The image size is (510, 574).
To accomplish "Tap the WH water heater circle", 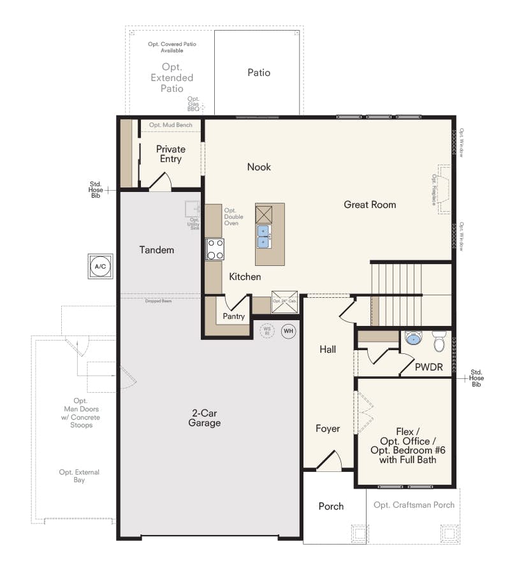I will tap(288, 331).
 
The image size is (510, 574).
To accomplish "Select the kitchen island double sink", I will tap(263, 236).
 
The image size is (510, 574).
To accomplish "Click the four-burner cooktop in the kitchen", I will tap(215, 249).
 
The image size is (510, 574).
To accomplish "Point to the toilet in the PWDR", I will tap(439, 342).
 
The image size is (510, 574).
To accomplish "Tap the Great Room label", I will tap(370, 205).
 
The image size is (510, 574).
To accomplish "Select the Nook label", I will tap(259, 167).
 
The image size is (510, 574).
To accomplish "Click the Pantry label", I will tap(233, 316).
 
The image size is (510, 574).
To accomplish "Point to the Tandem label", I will tap(156, 250).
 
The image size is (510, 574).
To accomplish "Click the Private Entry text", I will tap(170, 154).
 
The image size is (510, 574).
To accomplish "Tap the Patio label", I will tap(259, 73).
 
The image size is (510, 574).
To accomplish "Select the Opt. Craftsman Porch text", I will tap(414, 504).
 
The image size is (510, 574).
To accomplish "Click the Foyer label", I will tap(328, 429).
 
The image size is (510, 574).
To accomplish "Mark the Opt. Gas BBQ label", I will tap(193, 104).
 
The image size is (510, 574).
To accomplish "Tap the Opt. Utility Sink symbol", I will tap(193, 210).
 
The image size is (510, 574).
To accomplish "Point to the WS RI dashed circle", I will tap(267, 331).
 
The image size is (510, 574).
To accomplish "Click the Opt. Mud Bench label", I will tap(170, 125).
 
